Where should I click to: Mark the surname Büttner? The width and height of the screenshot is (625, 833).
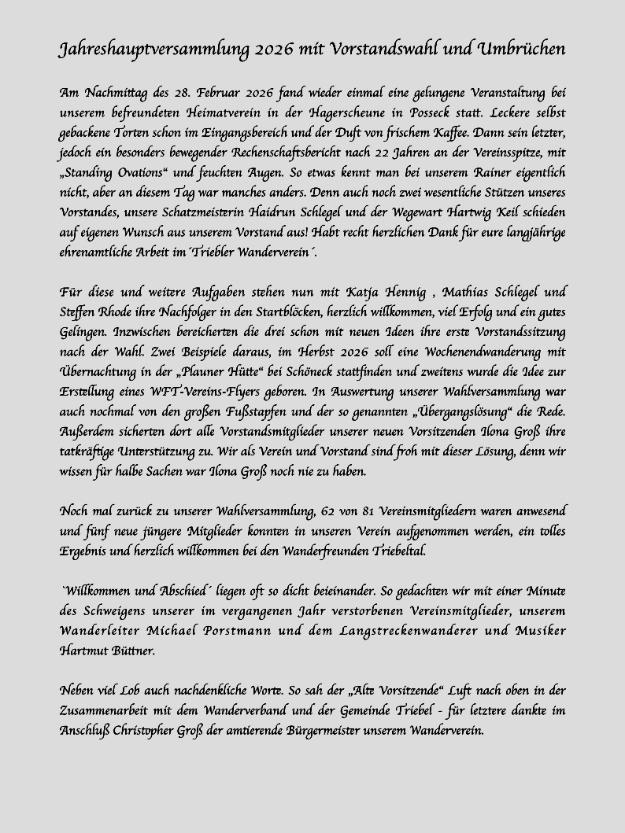[x=132, y=651]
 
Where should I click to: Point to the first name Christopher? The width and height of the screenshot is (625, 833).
[x=161, y=731]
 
